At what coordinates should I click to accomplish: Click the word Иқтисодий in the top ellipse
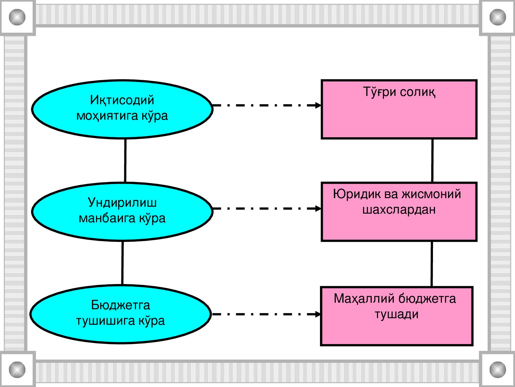(x=122, y=100)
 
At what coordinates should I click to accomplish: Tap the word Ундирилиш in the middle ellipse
(x=122, y=203)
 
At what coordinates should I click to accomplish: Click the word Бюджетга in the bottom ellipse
(x=121, y=305)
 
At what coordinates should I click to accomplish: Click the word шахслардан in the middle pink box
(x=399, y=209)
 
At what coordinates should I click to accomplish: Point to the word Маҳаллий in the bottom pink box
(x=364, y=299)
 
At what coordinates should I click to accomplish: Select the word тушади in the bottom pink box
(x=397, y=314)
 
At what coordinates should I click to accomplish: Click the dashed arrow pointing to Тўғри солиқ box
(x=266, y=105)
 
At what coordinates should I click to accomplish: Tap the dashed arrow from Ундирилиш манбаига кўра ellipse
(x=266, y=208)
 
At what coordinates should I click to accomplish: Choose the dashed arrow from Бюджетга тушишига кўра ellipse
(x=266, y=314)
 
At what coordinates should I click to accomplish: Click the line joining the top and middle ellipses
(x=125, y=161)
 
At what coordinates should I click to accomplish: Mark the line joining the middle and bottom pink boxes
(x=432, y=264)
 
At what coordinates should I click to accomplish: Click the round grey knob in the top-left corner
(x=17, y=17)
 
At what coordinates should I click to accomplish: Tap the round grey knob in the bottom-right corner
(x=497, y=369)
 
